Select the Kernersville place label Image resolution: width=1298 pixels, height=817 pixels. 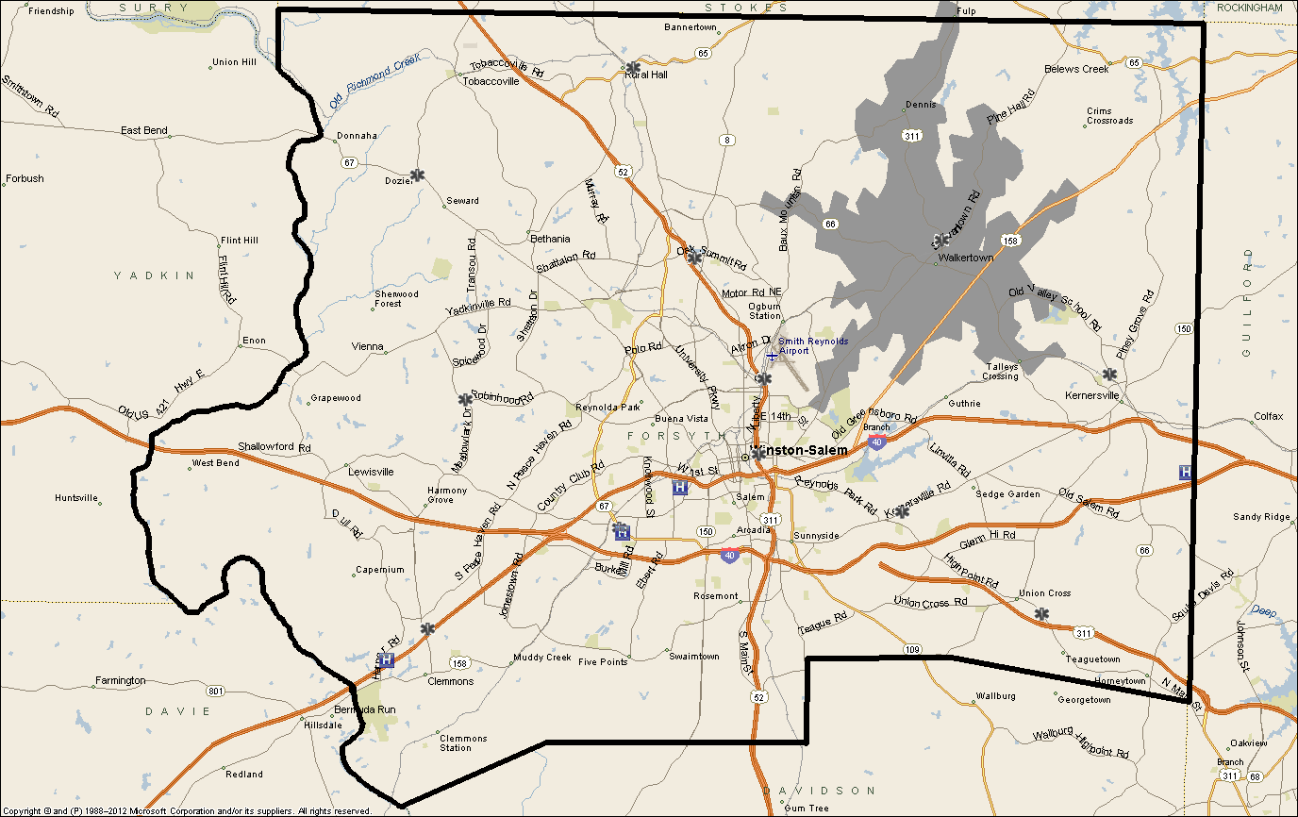1092,395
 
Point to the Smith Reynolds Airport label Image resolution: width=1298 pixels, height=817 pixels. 813,345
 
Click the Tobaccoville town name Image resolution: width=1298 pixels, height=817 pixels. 491,81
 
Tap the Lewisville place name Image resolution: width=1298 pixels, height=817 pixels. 371,471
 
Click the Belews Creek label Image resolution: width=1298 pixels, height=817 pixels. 1076,69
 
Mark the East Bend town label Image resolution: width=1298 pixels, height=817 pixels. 144,130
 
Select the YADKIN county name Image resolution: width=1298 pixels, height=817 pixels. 154,275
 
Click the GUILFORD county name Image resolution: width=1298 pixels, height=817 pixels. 1246,302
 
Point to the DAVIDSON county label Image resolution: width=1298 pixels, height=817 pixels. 819,790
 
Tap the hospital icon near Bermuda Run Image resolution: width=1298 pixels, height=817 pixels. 386,661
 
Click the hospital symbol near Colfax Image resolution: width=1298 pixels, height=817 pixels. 1186,473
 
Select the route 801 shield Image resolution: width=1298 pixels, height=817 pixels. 216,692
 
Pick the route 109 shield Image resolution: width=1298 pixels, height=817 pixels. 911,649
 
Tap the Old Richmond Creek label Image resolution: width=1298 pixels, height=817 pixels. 374,81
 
